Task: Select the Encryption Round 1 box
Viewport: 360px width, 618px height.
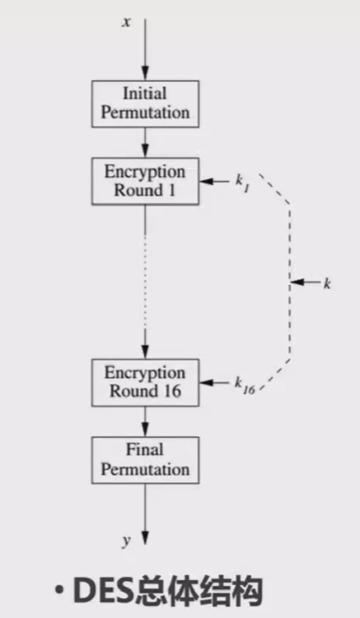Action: point(144,181)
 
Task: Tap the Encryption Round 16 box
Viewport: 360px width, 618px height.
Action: point(144,382)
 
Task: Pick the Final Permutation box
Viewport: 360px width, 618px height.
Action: point(144,459)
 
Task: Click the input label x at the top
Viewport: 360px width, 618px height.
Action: point(126,22)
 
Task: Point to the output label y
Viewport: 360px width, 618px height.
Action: point(126,541)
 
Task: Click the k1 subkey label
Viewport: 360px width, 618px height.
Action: point(240,182)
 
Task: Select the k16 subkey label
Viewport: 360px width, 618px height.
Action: point(244,385)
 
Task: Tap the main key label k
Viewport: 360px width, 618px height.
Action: point(326,283)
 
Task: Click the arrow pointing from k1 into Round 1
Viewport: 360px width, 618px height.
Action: point(214,181)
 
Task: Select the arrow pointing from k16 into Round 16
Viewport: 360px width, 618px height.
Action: point(214,383)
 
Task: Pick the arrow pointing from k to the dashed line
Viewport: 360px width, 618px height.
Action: point(305,283)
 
